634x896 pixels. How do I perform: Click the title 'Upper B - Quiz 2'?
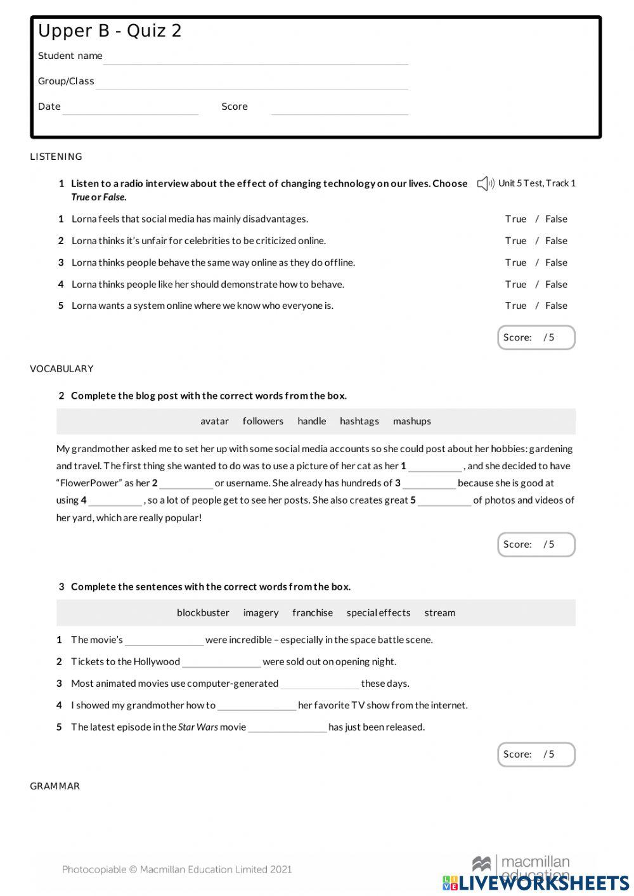pyautogui.click(x=110, y=31)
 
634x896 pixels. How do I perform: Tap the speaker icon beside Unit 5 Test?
pyautogui.click(x=485, y=184)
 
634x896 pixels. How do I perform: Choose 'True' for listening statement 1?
pyautogui.click(x=515, y=219)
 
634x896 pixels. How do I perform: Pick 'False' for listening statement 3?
pyautogui.click(x=556, y=263)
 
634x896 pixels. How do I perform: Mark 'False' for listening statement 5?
pyautogui.click(x=556, y=306)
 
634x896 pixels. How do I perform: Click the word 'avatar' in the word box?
pyautogui.click(x=214, y=422)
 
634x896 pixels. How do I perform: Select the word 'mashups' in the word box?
pyautogui.click(x=411, y=422)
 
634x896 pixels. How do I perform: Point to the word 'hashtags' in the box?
pyautogui.click(x=359, y=422)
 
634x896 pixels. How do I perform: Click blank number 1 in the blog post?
pyautogui.click(x=435, y=467)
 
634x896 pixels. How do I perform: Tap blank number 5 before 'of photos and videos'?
pyautogui.click(x=444, y=501)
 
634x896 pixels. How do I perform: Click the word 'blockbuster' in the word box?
pyautogui.click(x=203, y=613)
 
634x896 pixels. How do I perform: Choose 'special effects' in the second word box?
pyautogui.click(x=378, y=613)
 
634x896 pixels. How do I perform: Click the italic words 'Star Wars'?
pyautogui.click(x=198, y=727)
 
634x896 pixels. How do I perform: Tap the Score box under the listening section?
pyautogui.click(x=536, y=337)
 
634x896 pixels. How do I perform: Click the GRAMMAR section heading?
pyautogui.click(x=55, y=786)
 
